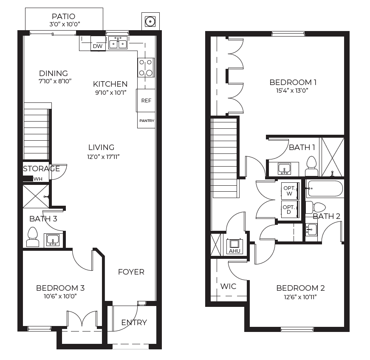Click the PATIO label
click(x=63, y=16)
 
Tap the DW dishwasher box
click(x=98, y=44)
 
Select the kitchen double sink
click(x=118, y=43)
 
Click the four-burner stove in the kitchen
click(x=146, y=68)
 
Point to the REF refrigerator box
click(x=146, y=100)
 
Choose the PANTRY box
click(x=146, y=120)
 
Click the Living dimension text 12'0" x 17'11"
click(x=103, y=157)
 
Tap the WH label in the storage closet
click(x=38, y=179)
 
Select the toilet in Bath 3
click(x=33, y=237)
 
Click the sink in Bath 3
click(x=53, y=240)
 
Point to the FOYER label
click(x=131, y=272)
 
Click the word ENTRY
click(x=134, y=323)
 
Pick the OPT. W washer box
click(x=290, y=191)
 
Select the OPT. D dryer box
click(x=290, y=210)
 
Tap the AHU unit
click(x=234, y=247)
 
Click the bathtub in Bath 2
click(x=325, y=189)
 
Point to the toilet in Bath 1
click(x=311, y=166)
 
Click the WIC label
click(x=229, y=286)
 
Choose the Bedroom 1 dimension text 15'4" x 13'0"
click(x=292, y=91)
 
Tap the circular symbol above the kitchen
click(x=150, y=22)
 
